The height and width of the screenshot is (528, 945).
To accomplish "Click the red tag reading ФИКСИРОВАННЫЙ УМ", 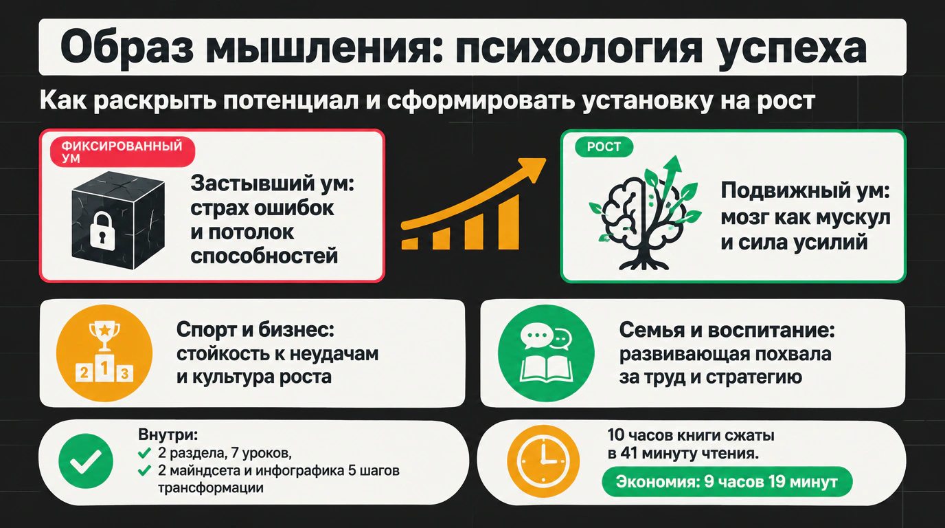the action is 122,152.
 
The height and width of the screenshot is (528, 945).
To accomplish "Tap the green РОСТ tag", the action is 604,147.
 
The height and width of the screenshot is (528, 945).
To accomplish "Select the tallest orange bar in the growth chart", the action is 508,222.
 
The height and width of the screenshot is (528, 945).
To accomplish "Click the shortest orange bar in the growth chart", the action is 409,243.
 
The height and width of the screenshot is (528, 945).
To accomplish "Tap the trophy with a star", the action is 104,336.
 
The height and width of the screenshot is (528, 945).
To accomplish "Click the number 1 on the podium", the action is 104,368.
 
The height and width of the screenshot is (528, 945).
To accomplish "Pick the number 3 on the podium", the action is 124,373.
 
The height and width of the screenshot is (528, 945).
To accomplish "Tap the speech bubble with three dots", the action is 536,335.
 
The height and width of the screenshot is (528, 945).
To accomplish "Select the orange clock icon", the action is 543,461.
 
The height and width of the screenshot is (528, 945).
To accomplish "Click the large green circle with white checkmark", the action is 86,461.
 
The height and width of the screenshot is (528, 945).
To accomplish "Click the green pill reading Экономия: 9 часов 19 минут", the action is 727,481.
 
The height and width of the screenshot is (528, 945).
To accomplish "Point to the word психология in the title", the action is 578,47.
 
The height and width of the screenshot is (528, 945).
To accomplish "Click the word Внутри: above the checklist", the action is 168,434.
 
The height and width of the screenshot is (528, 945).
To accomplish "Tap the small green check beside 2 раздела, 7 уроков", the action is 144,453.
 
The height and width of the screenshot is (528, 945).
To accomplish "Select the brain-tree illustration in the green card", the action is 645,213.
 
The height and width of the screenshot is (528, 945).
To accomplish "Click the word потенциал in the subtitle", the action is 291,100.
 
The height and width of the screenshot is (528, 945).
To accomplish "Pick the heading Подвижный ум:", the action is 805,190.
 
